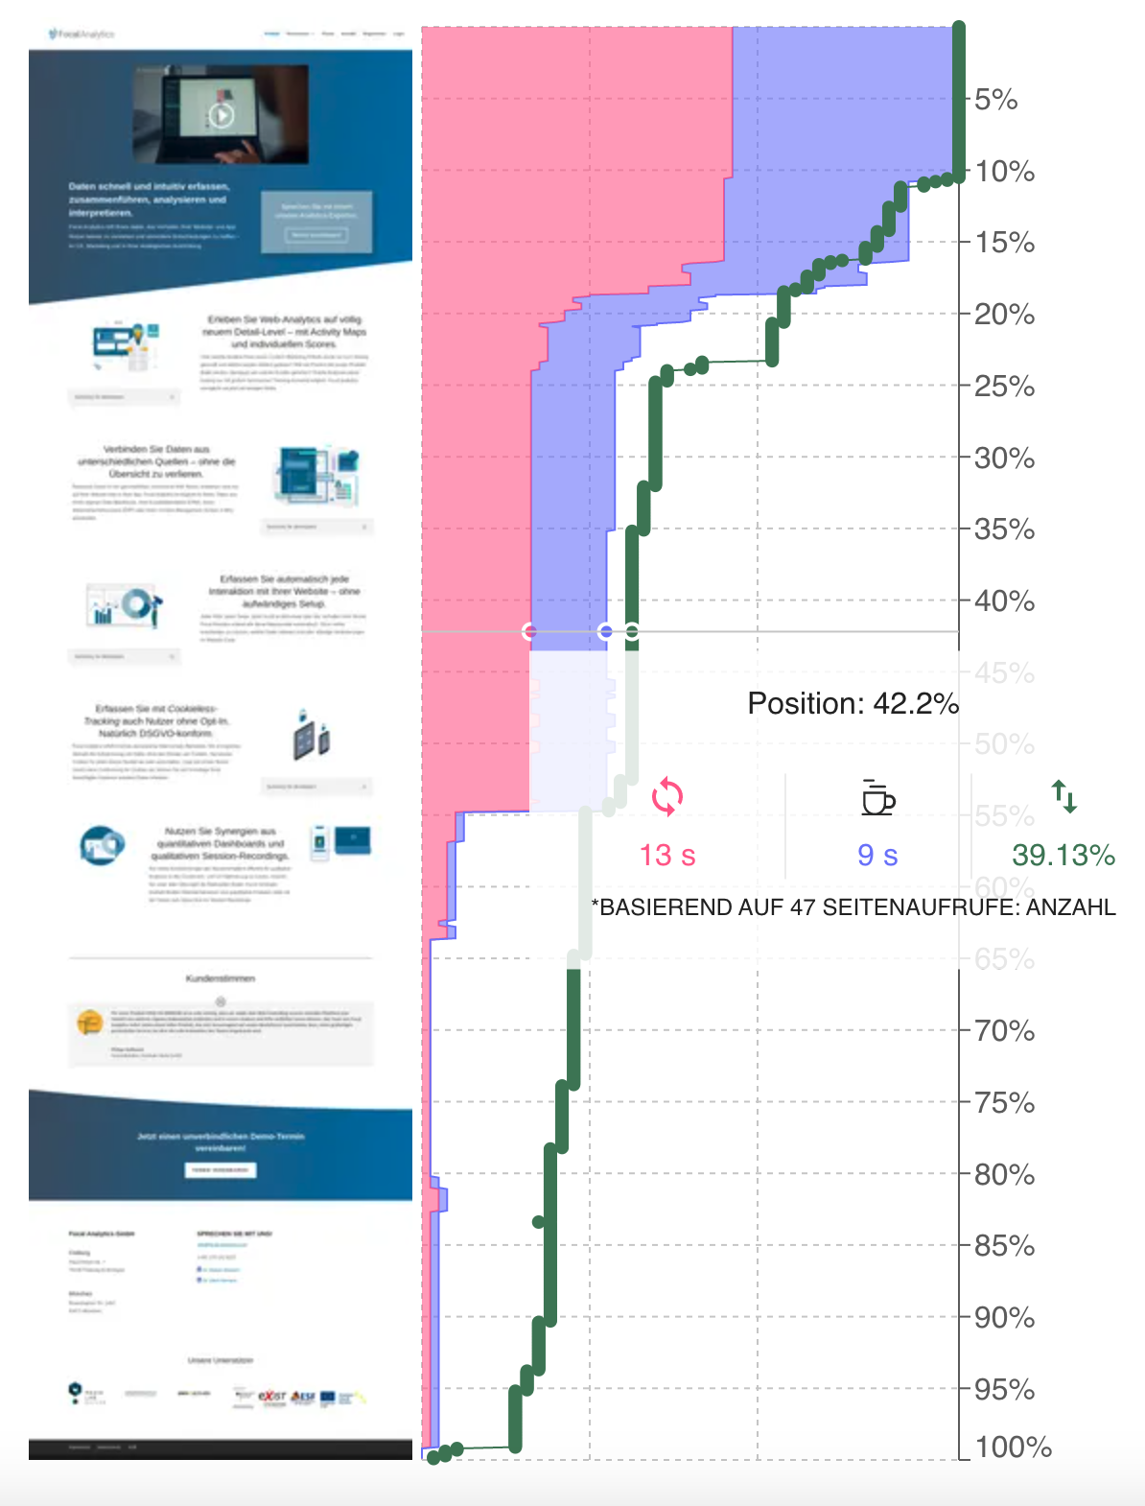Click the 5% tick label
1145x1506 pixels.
pyautogui.click(x=995, y=100)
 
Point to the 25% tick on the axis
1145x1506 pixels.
pyautogui.click(x=1004, y=387)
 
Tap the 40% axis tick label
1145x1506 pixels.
pyautogui.click(x=1004, y=601)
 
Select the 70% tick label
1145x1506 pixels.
pyautogui.click(x=1004, y=1031)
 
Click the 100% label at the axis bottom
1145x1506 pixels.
pyautogui.click(x=1013, y=1447)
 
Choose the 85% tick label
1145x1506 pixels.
pyautogui.click(x=1004, y=1246)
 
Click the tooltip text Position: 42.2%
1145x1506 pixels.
pyautogui.click(x=853, y=704)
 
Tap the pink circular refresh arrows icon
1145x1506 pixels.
pyautogui.click(x=667, y=797)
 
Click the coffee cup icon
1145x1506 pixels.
pyautogui.click(x=877, y=797)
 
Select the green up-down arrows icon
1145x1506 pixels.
pyautogui.click(x=1064, y=796)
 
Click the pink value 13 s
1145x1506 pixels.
pyautogui.click(x=667, y=855)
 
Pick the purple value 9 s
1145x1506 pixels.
pyautogui.click(x=877, y=855)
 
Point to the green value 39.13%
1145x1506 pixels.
pyautogui.click(x=1063, y=855)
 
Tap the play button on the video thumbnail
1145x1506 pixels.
pyautogui.click(x=221, y=116)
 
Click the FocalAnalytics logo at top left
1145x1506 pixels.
pyautogui.click(x=82, y=35)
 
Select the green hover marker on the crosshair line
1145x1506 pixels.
pyautogui.click(x=632, y=631)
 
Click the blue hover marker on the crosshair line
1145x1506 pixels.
pyautogui.click(x=605, y=631)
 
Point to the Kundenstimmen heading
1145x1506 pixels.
pyautogui.click(x=221, y=978)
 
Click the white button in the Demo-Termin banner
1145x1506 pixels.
pyautogui.click(x=221, y=1170)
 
